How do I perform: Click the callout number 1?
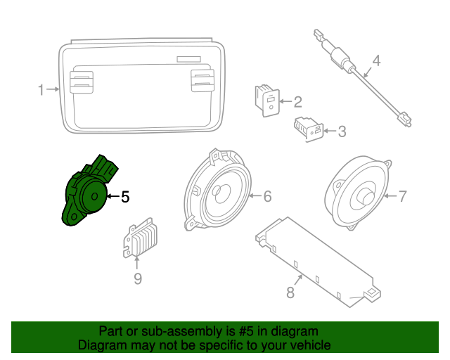[41, 89]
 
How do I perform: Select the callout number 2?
[297, 101]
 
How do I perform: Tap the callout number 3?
[342, 131]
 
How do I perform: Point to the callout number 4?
[375, 61]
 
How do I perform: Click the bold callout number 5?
[125, 197]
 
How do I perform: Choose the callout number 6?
[267, 197]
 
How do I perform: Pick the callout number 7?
[402, 197]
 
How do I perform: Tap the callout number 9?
[138, 280]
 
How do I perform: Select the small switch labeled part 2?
[266, 101]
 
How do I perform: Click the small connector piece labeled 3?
[309, 129]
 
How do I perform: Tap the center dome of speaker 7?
[366, 195]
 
